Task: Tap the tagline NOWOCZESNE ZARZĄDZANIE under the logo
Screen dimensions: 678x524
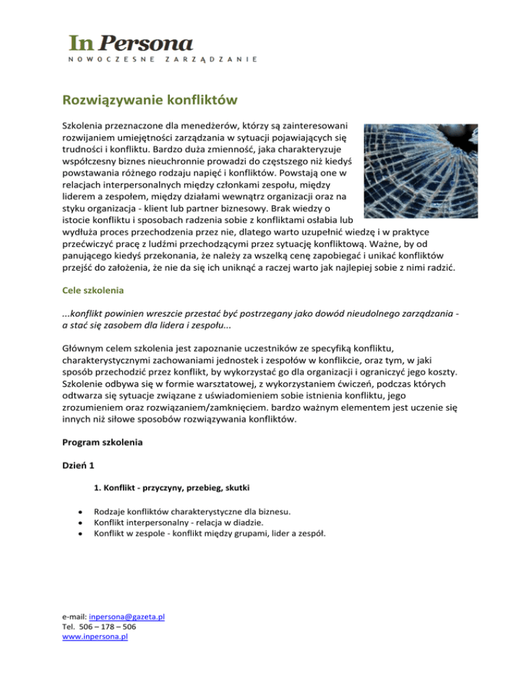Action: pos(162,60)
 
